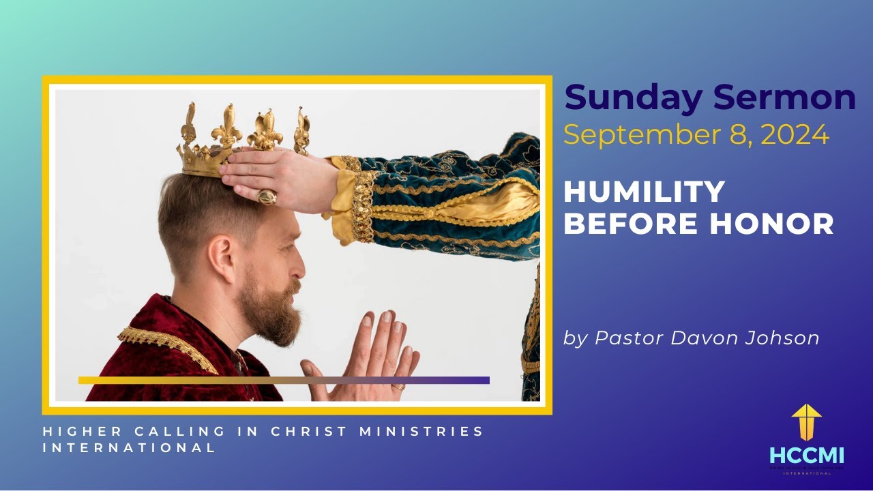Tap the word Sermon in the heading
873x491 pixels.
(784, 98)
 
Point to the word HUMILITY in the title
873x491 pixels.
(644, 192)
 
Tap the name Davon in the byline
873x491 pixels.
(689, 338)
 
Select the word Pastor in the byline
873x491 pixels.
(622, 338)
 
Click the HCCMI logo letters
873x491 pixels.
(807, 455)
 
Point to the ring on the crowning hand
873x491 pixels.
(266, 196)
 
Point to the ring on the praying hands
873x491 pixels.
(398, 386)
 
